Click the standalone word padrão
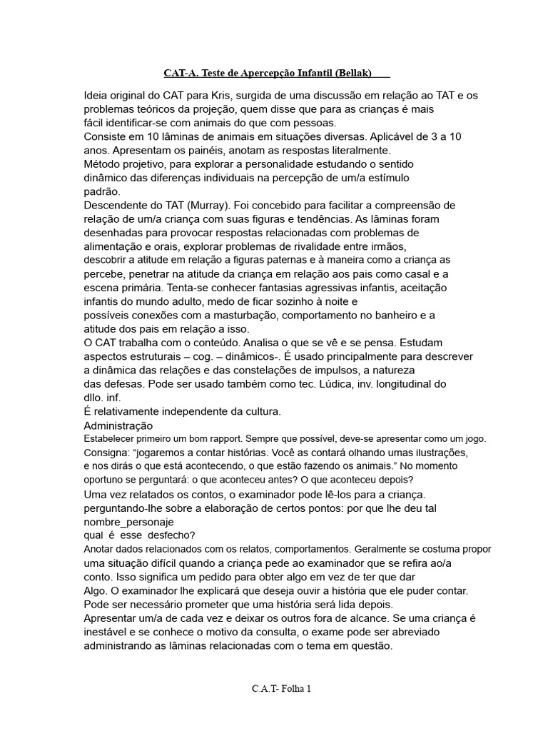[102, 192]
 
